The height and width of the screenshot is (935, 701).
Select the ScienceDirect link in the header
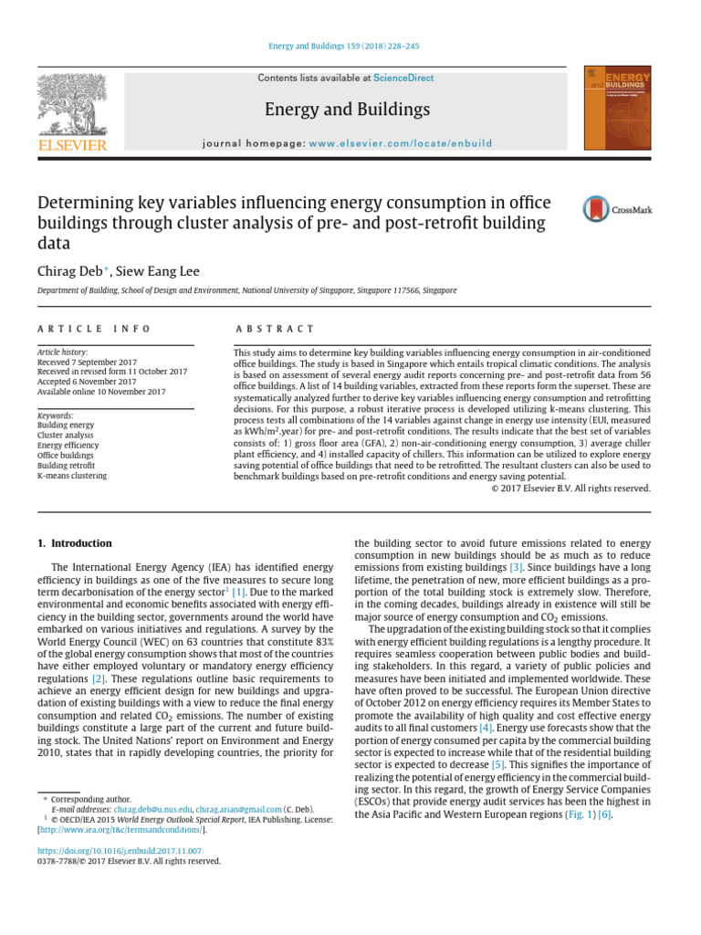pyautogui.click(x=403, y=79)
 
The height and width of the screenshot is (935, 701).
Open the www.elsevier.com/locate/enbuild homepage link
pyautogui.click(x=401, y=143)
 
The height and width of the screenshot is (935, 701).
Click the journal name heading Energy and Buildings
pyautogui.click(x=346, y=110)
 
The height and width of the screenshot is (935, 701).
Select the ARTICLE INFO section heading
pyautogui.click(x=94, y=329)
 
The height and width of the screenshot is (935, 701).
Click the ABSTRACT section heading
pyautogui.click(x=274, y=329)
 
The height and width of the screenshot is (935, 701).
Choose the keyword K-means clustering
pyautogui.click(x=71, y=476)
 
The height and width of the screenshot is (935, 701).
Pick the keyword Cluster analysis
pyautogui.click(x=67, y=436)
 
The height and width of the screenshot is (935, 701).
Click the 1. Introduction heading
pyautogui.click(x=74, y=543)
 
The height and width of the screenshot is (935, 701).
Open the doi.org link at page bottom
pyautogui.click(x=119, y=850)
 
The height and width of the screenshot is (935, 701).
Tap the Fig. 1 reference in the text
pyautogui.click(x=579, y=814)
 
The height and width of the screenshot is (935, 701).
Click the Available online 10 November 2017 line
pyautogui.click(x=101, y=392)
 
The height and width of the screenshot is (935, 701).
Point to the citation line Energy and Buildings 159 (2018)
pyautogui.click(x=350, y=46)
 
